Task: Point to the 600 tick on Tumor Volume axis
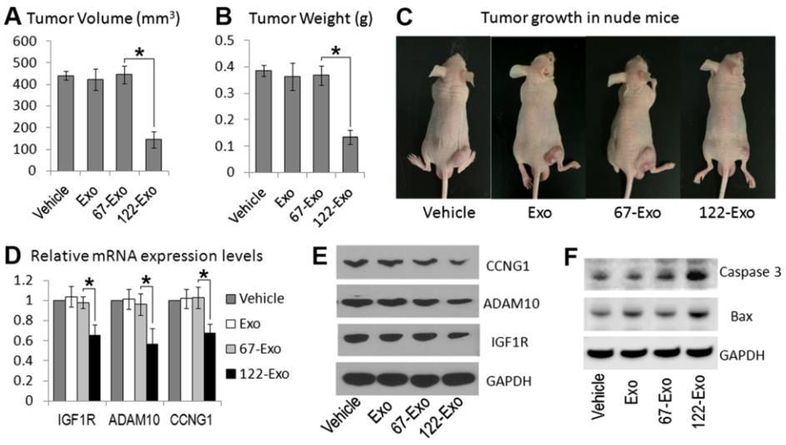[26, 41]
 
